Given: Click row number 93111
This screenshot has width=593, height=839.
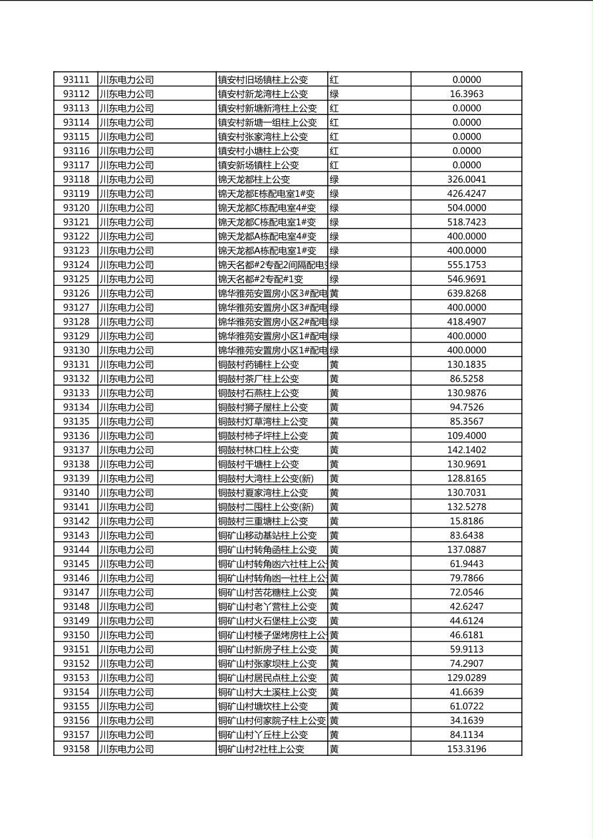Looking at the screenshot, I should pyautogui.click(x=76, y=80).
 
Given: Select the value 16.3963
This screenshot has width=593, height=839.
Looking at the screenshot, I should pyautogui.click(x=466, y=94).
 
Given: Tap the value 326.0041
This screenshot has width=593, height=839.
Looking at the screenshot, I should pyautogui.click(x=466, y=180).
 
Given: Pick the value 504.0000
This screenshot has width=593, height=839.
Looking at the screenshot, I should pyautogui.click(x=466, y=208).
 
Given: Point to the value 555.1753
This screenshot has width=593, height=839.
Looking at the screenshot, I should pyautogui.click(x=466, y=265).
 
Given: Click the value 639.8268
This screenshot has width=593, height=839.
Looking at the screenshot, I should pyautogui.click(x=466, y=293).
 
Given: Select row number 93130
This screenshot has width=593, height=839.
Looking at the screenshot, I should pyautogui.click(x=76, y=350).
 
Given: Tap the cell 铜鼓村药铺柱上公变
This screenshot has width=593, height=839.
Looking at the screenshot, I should pyautogui.click(x=259, y=364).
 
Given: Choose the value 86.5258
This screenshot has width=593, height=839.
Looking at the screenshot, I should pyautogui.click(x=466, y=379).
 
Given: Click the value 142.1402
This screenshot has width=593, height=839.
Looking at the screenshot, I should pyautogui.click(x=466, y=450).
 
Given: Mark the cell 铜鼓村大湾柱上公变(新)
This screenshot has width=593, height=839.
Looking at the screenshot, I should pyautogui.click(x=265, y=479).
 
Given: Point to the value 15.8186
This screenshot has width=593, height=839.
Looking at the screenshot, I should pyautogui.click(x=466, y=521).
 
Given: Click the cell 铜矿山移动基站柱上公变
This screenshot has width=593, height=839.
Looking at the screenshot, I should pyautogui.click(x=267, y=535).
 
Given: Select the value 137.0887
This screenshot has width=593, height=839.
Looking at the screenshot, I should pyautogui.click(x=466, y=550).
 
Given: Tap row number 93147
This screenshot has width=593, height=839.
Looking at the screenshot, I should pyautogui.click(x=76, y=592).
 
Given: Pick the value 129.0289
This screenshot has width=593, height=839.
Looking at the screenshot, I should pyautogui.click(x=466, y=677).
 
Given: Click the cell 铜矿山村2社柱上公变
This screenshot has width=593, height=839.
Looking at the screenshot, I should pyautogui.click(x=261, y=749).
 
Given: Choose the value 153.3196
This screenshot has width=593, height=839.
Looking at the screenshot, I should pyautogui.click(x=466, y=749).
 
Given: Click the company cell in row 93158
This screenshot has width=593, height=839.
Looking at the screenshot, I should pyautogui.click(x=126, y=749).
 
